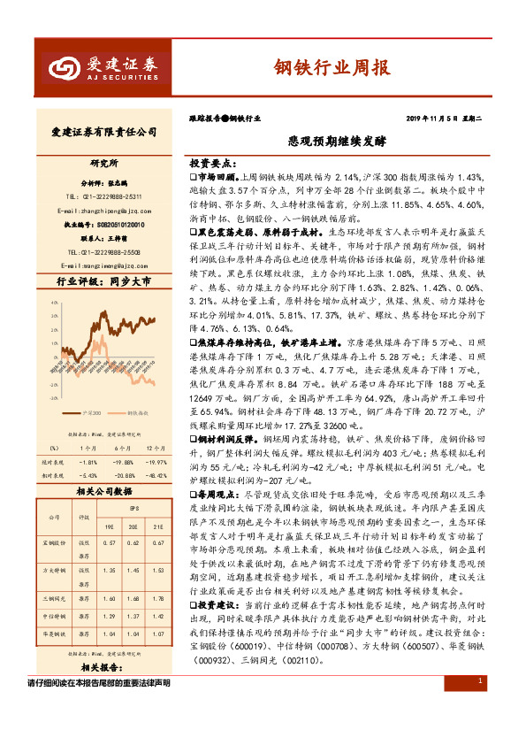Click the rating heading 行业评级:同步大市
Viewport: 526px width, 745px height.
98,282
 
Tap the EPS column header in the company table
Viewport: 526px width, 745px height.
133,511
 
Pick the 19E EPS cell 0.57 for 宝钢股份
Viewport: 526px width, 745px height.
110,543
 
